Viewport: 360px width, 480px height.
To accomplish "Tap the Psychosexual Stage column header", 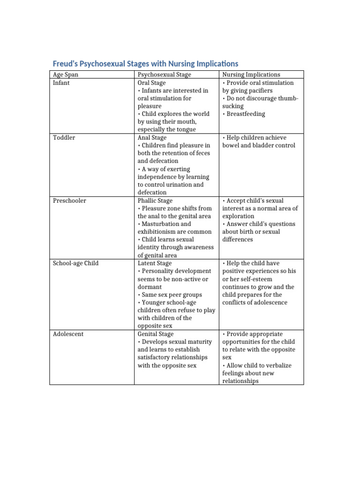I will [164, 75].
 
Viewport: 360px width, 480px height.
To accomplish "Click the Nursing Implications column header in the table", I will [251, 75].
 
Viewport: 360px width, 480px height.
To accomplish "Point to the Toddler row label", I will [64, 138].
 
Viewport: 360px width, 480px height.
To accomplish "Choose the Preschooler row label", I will [69, 201].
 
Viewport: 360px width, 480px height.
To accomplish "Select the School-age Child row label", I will [75, 263].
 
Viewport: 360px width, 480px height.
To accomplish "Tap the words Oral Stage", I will [151, 83].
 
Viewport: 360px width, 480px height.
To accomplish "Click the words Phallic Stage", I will [155, 201].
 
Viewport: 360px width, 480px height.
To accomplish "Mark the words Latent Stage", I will [154, 263].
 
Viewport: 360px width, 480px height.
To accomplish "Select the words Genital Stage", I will [155, 334].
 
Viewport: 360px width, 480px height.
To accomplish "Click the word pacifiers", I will [259, 90].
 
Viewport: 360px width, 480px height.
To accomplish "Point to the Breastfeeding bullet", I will [245, 114].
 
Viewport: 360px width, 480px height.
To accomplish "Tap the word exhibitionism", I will [159, 232].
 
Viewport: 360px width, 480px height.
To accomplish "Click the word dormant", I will [150, 287].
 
